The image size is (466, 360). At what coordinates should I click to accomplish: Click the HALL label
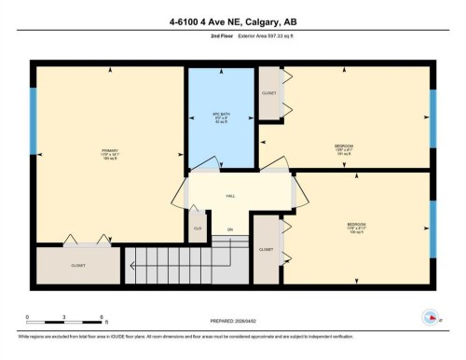pyautogui.click(x=230, y=196)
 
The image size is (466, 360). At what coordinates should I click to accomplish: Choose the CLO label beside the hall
pyautogui.click(x=198, y=227)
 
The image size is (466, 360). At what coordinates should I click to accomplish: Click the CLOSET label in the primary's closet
pyautogui.click(x=78, y=265)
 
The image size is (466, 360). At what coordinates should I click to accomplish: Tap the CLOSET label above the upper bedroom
pyautogui.click(x=270, y=94)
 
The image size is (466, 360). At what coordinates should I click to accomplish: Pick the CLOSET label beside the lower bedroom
pyautogui.click(x=267, y=250)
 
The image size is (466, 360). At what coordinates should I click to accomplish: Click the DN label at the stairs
pyautogui.click(x=229, y=228)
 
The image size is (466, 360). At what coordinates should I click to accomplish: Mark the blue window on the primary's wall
pyautogui.click(x=34, y=121)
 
